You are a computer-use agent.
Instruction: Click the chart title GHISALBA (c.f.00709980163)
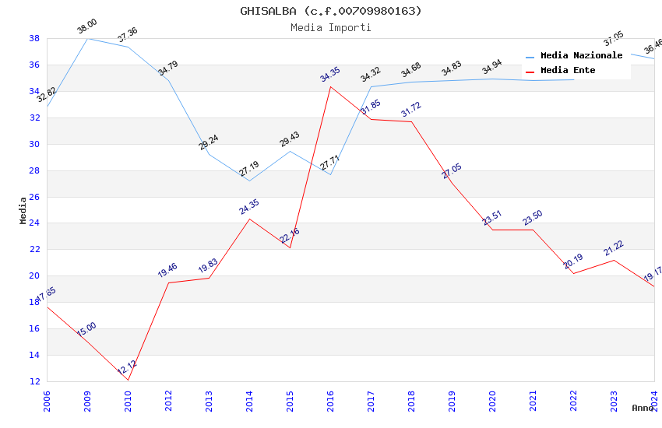pyautogui.click(x=331, y=11)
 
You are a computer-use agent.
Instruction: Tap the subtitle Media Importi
pyautogui.click(x=331, y=27)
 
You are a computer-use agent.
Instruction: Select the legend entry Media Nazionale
pyautogui.click(x=581, y=56)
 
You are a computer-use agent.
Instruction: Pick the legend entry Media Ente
pyautogui.click(x=568, y=71)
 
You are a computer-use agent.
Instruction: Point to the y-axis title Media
pyautogui.click(x=23, y=210)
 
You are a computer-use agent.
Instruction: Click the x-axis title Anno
pyautogui.click(x=643, y=408)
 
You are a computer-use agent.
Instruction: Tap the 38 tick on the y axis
pyautogui.click(x=35, y=38)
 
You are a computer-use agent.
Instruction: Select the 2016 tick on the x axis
pyautogui.click(x=331, y=402)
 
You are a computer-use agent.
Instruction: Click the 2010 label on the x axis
pyautogui.click(x=128, y=402)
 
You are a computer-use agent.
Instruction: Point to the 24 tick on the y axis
pyautogui.click(x=35, y=223)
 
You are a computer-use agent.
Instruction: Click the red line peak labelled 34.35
pyautogui.click(x=330, y=86)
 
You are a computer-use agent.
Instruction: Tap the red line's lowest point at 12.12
pyautogui.click(x=128, y=380)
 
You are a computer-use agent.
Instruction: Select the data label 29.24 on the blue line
pyautogui.click(x=208, y=142)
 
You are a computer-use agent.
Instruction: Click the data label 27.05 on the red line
pyautogui.click(x=451, y=171)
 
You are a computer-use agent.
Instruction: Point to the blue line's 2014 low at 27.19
pyautogui.click(x=249, y=181)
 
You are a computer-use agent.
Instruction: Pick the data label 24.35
pyautogui.click(x=248, y=208)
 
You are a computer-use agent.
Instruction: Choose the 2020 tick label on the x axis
pyautogui.click(x=493, y=402)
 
